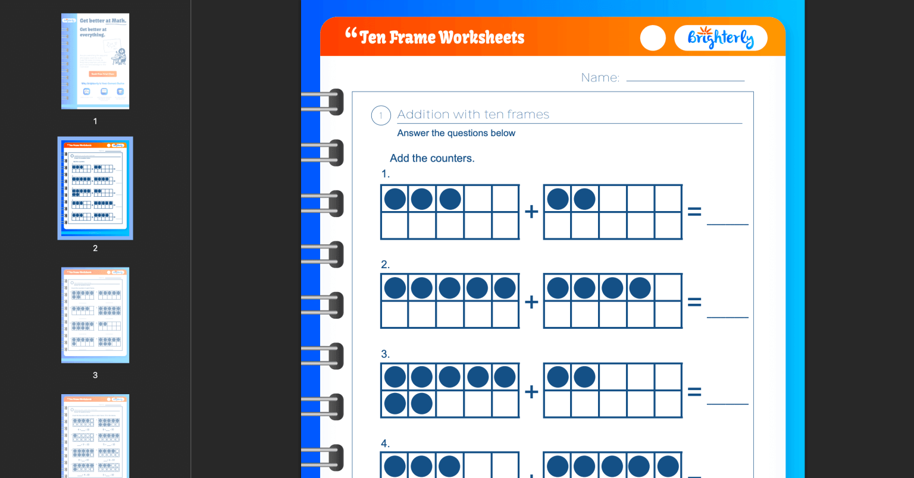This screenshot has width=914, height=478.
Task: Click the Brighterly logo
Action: pyautogui.click(x=721, y=38)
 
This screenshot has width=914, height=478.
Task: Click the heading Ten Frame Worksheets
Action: pyautogui.click(x=442, y=37)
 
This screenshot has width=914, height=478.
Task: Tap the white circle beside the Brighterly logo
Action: pyautogui.click(x=653, y=38)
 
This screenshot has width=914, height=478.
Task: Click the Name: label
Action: pyautogui.click(x=600, y=78)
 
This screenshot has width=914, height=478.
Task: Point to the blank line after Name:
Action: pyautogui.click(x=685, y=80)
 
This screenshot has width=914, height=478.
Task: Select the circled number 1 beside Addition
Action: pyautogui.click(x=381, y=115)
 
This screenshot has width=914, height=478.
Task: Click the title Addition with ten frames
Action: pyautogui.click(x=473, y=115)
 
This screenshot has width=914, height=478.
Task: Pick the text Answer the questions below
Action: pyautogui.click(x=456, y=133)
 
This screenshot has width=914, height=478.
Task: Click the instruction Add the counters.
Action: pyautogui.click(x=432, y=158)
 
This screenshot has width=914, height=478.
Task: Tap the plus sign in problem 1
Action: pyautogui.click(x=531, y=212)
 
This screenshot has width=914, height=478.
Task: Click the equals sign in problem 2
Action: pyautogui.click(x=694, y=302)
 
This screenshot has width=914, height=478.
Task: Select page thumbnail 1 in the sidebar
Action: pyautogui.click(x=95, y=61)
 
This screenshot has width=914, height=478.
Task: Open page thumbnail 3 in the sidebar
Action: pyautogui.click(x=95, y=315)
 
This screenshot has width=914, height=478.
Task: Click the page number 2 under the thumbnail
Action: pyautogui.click(x=95, y=248)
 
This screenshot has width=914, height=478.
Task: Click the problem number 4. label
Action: pyautogui.click(x=385, y=444)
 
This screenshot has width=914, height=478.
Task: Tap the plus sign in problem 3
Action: pyautogui.click(x=531, y=392)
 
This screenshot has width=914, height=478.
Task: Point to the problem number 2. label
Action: pyautogui.click(x=385, y=265)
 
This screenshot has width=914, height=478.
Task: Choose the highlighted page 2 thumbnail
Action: pyautogui.click(x=95, y=188)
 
